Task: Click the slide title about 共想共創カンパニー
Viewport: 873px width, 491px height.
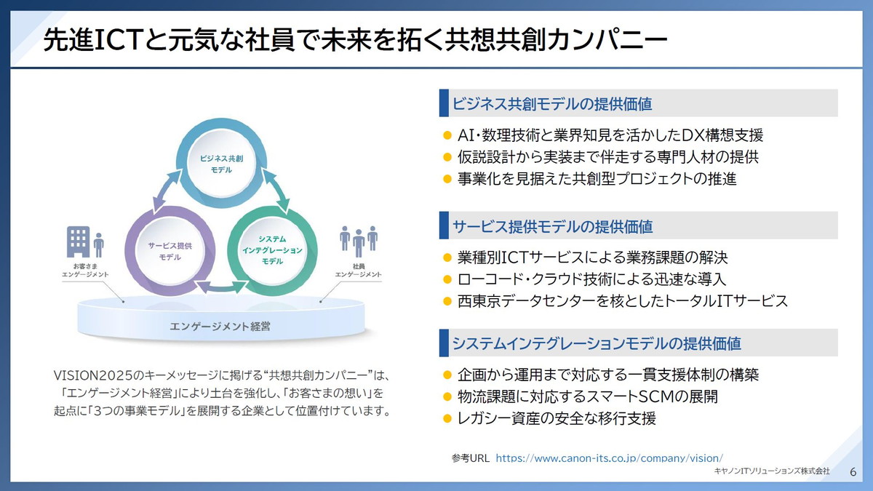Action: (x=354, y=41)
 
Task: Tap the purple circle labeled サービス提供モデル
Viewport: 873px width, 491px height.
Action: (x=170, y=251)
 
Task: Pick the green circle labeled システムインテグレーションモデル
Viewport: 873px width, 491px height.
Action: (x=272, y=250)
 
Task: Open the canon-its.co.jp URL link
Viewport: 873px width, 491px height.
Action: (x=609, y=458)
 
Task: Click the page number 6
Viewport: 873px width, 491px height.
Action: (x=853, y=471)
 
